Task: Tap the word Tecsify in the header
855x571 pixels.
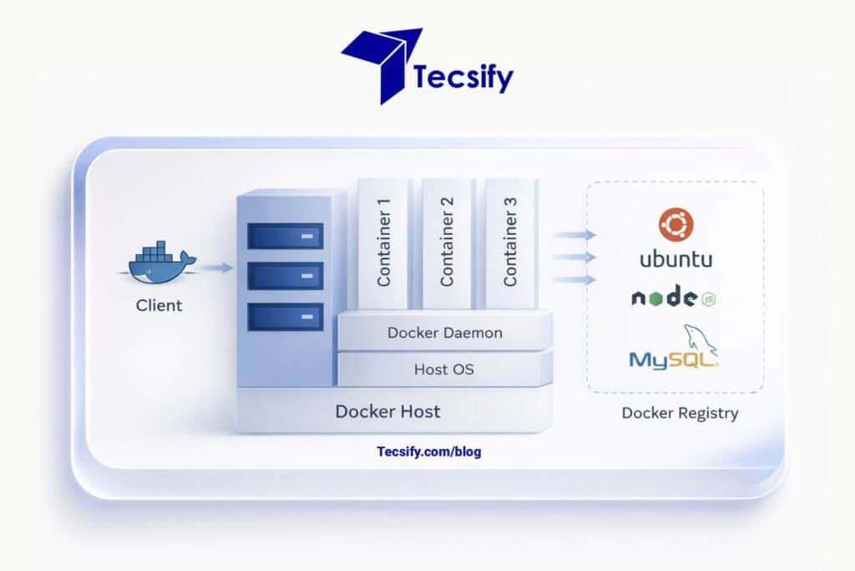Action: pyautogui.click(x=463, y=78)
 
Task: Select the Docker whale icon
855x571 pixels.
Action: pyautogui.click(x=160, y=263)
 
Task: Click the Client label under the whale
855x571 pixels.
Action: pyautogui.click(x=159, y=305)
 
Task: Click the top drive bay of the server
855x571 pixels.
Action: pyautogui.click(x=285, y=236)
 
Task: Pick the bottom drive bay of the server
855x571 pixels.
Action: pyautogui.click(x=285, y=316)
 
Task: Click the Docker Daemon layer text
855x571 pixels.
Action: pyautogui.click(x=445, y=333)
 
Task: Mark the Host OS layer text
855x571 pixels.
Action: pyautogui.click(x=444, y=369)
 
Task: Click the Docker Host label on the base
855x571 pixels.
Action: pyautogui.click(x=387, y=411)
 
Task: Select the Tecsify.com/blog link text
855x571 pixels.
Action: pyautogui.click(x=429, y=451)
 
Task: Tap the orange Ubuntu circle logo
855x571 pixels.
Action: pyautogui.click(x=675, y=225)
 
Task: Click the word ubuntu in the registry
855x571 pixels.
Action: pyautogui.click(x=675, y=259)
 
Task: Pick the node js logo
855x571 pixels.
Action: pyautogui.click(x=675, y=298)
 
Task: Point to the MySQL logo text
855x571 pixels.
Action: pyautogui.click(x=672, y=359)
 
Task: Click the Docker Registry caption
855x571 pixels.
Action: pyautogui.click(x=680, y=413)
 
